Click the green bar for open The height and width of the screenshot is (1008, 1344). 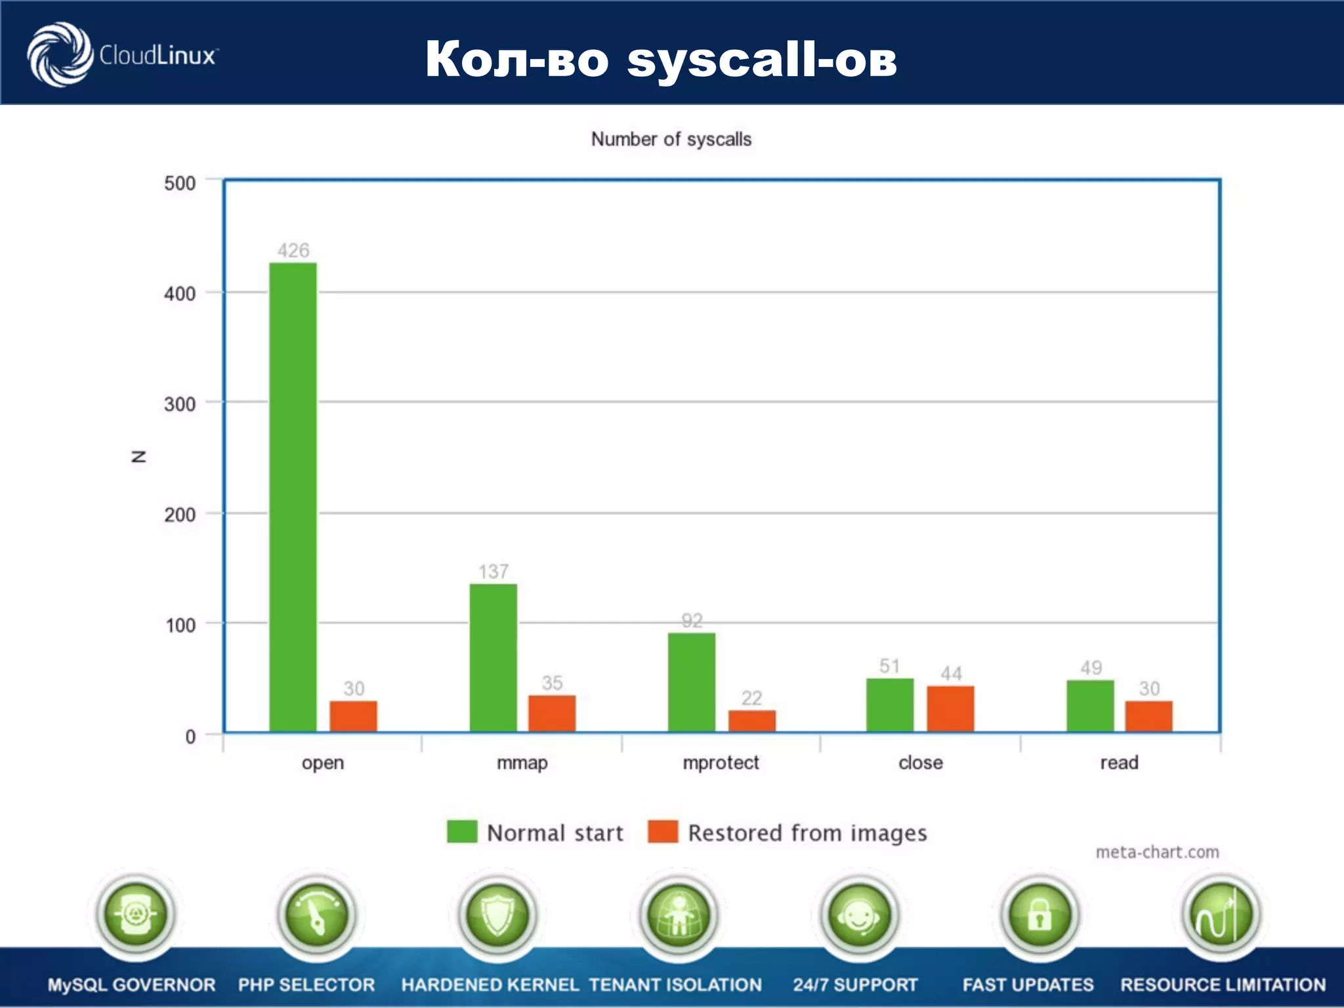(x=293, y=497)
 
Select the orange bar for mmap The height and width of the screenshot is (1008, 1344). (x=552, y=713)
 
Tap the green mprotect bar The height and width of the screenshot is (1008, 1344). (x=692, y=682)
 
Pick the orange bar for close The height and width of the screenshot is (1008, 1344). (x=950, y=709)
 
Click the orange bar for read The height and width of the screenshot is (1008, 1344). (x=1149, y=716)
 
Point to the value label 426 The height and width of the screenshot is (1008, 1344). (x=293, y=250)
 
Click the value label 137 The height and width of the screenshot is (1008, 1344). (x=493, y=572)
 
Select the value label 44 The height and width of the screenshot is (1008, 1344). (x=951, y=673)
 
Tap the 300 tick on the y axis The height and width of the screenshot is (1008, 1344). (x=180, y=404)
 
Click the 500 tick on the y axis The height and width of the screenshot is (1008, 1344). (x=180, y=183)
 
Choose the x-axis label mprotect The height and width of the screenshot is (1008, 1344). (x=721, y=763)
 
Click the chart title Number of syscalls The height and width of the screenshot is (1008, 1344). (x=671, y=139)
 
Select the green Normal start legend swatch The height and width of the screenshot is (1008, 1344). (x=462, y=831)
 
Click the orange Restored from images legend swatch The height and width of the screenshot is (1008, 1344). (x=663, y=831)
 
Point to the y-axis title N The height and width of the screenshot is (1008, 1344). (x=138, y=457)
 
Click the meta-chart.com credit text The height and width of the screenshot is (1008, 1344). (x=1157, y=852)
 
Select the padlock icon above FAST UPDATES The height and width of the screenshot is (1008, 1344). (x=1039, y=914)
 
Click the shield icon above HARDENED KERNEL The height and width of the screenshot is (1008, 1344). (x=497, y=914)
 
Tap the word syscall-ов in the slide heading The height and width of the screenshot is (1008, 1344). (x=761, y=59)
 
